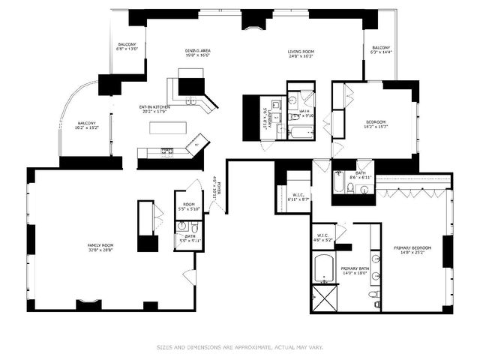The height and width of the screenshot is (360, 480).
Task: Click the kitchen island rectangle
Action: [166, 127]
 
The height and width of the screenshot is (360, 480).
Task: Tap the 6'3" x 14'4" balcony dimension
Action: [382, 52]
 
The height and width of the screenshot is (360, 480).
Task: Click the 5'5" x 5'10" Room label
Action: [189, 206]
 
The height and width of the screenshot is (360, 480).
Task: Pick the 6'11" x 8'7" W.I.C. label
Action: [298, 197]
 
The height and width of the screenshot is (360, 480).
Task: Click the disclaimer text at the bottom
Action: [239, 346]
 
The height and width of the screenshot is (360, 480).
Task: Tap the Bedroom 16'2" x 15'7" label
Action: [376, 124]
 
